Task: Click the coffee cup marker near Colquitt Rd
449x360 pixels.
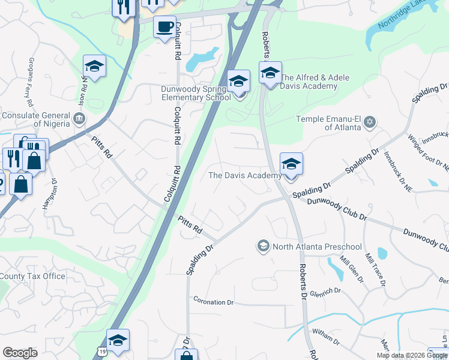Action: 164,26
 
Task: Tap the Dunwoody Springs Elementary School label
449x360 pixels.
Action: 195,92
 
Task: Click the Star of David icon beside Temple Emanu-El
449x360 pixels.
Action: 370,123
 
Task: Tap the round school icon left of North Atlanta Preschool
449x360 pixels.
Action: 263,246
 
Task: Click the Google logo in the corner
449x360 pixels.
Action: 20,352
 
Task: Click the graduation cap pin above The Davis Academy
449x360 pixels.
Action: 291,164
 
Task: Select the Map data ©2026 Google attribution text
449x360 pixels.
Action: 412,355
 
